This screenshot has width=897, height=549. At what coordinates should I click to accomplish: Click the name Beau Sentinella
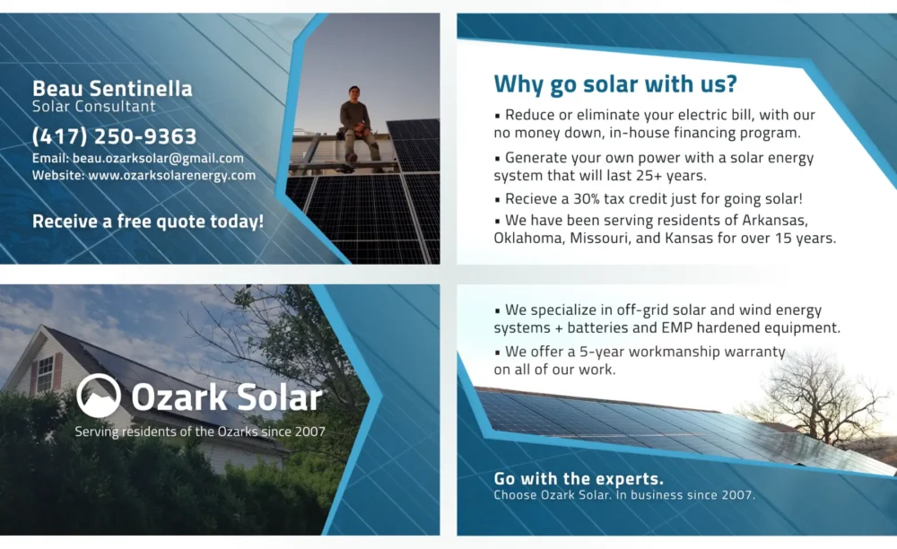112,88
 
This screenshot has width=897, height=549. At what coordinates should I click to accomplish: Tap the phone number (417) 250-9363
115,136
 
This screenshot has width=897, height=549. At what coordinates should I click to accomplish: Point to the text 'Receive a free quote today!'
148,222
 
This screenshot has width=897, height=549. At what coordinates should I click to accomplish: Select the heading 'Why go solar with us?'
615,83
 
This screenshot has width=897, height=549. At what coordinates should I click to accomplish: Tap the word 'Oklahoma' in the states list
529,238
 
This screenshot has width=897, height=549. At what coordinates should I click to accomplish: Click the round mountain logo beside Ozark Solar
99,396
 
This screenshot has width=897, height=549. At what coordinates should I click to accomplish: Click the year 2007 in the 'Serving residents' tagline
310,431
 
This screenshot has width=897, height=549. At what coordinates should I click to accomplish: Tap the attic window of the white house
45,372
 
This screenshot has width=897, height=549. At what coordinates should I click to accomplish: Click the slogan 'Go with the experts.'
579,479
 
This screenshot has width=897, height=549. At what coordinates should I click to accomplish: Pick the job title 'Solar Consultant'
94,107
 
